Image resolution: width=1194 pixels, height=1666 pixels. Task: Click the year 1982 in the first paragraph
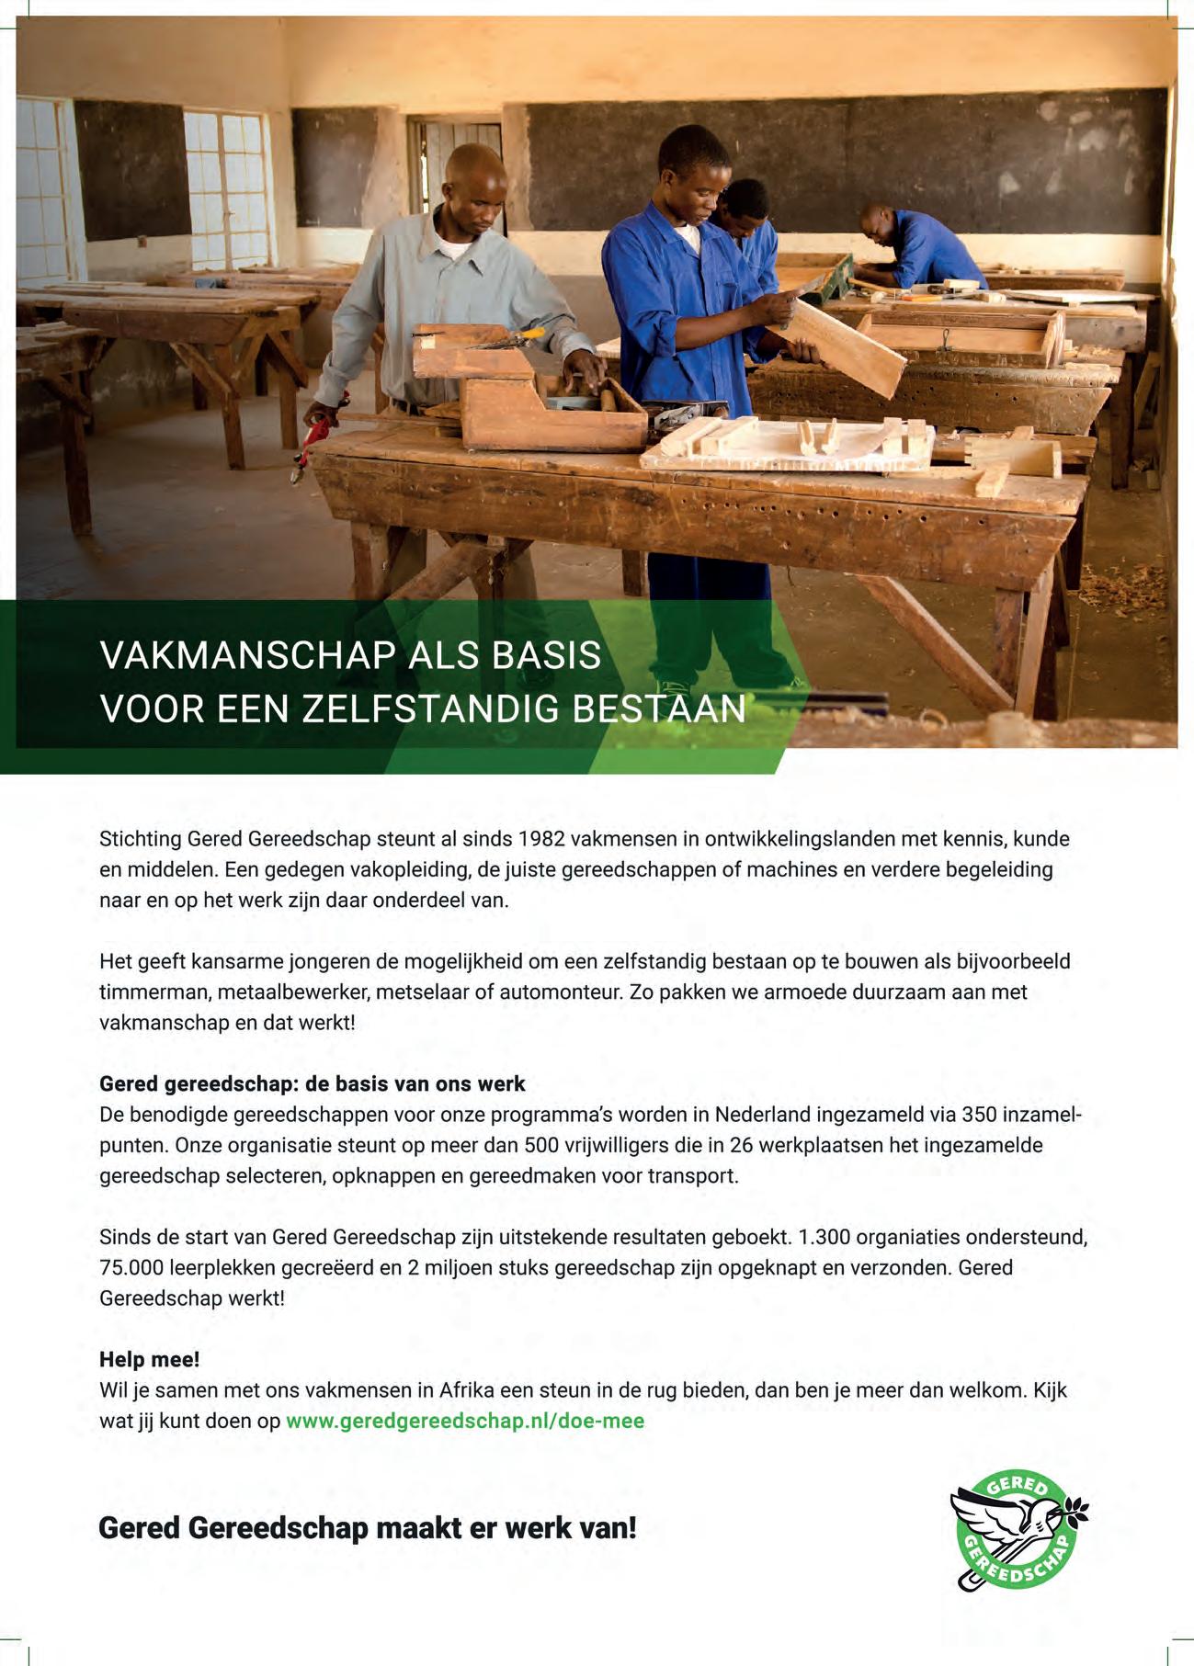tap(541, 839)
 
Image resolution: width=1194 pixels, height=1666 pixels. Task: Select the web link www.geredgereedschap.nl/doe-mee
tap(465, 1421)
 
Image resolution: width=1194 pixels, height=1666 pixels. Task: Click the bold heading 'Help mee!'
tap(149, 1359)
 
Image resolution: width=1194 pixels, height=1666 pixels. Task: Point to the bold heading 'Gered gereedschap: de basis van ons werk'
tap(312, 1083)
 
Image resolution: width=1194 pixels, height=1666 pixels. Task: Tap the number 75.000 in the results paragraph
tap(132, 1267)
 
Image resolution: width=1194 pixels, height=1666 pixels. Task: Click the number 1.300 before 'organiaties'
tap(824, 1237)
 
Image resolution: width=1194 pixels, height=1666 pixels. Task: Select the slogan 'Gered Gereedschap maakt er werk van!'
tap(367, 1528)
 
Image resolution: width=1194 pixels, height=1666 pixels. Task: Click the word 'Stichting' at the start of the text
tap(140, 839)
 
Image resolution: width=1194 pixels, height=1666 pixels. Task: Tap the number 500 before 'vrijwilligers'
tap(541, 1145)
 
